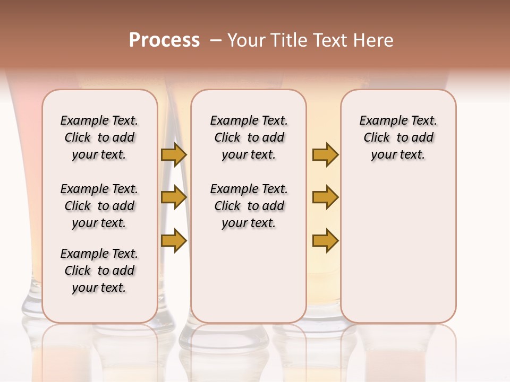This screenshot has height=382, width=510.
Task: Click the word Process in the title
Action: tap(164, 40)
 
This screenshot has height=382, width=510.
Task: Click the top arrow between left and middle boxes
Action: tap(174, 154)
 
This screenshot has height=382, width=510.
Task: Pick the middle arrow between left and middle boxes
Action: tap(174, 197)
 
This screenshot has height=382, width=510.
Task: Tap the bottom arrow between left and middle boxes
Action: tap(174, 240)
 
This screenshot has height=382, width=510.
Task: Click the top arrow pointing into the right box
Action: tap(325, 154)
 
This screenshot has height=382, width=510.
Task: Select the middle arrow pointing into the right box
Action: tap(325, 197)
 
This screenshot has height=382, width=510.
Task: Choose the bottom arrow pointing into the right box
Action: tap(325, 240)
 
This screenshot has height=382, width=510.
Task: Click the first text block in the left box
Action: tap(99, 137)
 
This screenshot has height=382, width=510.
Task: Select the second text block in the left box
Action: tap(99, 206)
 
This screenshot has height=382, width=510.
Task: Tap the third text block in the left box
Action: tap(99, 271)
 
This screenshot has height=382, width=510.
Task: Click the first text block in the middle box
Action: tap(249, 137)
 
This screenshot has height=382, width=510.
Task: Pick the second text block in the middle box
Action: tap(249, 206)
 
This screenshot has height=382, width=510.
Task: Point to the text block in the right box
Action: tap(398, 137)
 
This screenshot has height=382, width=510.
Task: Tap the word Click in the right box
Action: tap(377, 138)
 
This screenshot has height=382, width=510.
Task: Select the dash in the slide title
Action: tap(216, 40)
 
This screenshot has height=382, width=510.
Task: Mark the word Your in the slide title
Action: tap(245, 40)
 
